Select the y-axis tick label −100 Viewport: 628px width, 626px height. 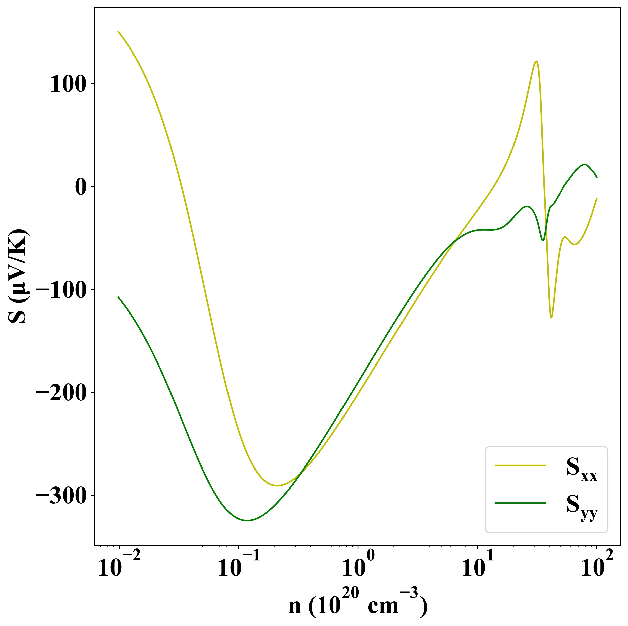pyautogui.click(x=61, y=290)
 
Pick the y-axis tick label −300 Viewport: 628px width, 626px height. pyautogui.click(x=61, y=496)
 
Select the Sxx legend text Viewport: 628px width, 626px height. pyautogui.click(x=582, y=468)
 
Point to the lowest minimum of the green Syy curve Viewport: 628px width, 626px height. pyautogui.click(x=247, y=521)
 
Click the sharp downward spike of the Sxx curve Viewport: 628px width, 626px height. pyautogui.click(x=551, y=317)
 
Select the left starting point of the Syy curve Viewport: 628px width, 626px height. pyautogui.click(x=118, y=297)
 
